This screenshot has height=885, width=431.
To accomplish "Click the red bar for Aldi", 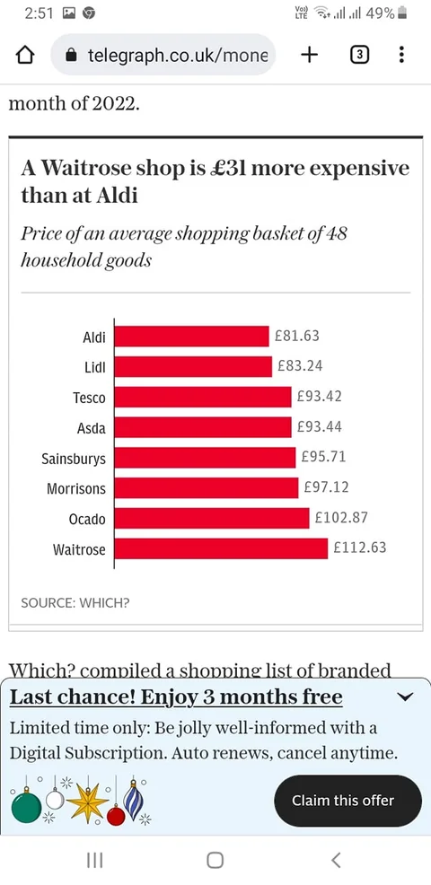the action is [191, 337].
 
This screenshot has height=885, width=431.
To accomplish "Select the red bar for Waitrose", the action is [221, 548].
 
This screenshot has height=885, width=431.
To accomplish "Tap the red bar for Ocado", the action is [212, 518].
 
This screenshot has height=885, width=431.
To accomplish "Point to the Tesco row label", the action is [89, 398].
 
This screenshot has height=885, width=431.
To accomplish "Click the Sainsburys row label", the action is [74, 459].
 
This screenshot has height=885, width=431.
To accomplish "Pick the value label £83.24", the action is [300, 365].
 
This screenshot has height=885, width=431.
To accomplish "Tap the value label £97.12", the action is [327, 486].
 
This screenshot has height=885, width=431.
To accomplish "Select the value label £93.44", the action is [319, 426].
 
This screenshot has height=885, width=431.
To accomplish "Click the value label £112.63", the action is [360, 548].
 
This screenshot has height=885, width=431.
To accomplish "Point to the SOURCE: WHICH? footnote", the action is [75, 603].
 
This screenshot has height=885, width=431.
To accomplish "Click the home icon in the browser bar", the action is [24, 56].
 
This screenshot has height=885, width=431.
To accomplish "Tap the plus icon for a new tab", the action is [309, 55].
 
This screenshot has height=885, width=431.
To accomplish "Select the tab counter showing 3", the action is [360, 55].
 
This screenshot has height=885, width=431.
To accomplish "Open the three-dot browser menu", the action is [401, 55].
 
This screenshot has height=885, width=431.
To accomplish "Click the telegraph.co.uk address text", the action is [177, 56].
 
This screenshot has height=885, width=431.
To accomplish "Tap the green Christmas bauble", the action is [26, 806].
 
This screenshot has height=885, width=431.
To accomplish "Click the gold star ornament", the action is [88, 802].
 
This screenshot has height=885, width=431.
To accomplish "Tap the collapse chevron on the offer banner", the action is [406, 697].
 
